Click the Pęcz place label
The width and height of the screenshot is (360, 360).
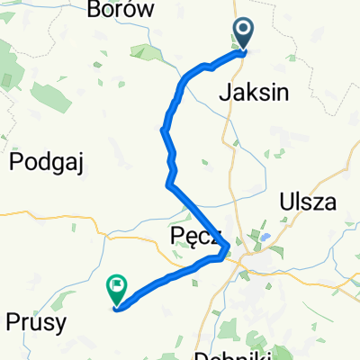click(190, 237)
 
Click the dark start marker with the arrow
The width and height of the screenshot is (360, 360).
click(244, 34)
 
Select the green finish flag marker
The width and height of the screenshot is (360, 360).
click(117, 289)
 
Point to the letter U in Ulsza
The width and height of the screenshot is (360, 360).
click(286, 202)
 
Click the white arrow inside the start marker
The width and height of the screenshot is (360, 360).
click(244, 31)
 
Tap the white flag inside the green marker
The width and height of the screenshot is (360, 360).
click(117, 286)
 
